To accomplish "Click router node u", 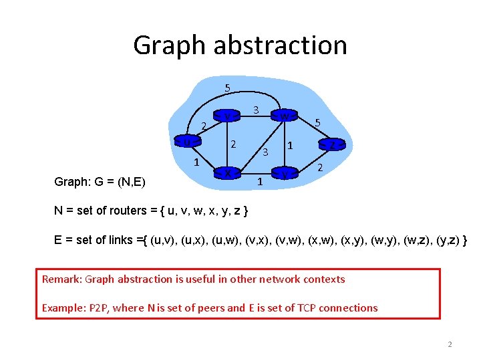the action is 188,142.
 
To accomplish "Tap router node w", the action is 285,116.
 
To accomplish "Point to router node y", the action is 285,174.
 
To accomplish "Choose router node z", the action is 331,144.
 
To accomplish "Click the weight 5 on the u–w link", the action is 227,88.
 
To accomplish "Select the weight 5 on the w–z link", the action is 318,124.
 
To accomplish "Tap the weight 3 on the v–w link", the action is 257,109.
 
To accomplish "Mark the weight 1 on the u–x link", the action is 196,162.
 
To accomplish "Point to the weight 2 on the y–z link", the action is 320,167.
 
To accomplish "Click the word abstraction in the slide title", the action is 280,45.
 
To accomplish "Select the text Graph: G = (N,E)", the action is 101,181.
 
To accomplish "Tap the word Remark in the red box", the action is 62,279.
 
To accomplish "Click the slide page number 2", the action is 450,344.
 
